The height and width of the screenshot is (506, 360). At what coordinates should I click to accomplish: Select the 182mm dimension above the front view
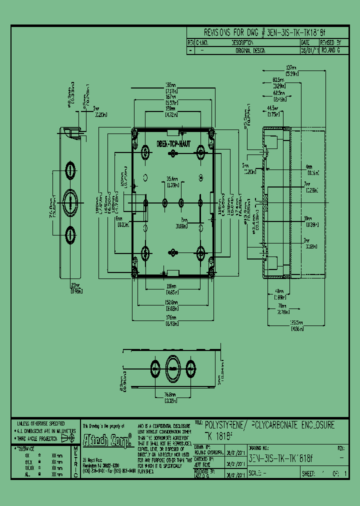(171, 84)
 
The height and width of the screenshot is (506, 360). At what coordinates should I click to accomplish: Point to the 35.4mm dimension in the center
(172, 178)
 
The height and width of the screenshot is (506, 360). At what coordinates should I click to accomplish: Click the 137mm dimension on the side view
(291, 68)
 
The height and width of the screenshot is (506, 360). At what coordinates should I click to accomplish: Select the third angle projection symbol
(67, 437)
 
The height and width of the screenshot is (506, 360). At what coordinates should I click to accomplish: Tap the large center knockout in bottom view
(172, 368)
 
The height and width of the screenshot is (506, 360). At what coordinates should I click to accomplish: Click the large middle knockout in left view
(71, 202)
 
